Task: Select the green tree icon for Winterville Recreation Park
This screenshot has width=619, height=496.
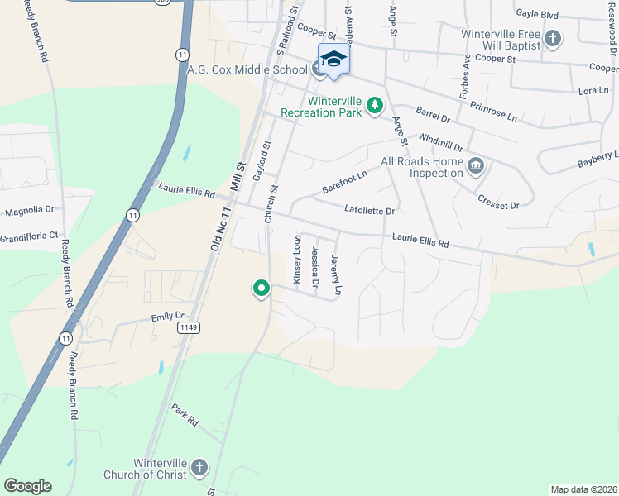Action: pyautogui.click(x=375, y=105)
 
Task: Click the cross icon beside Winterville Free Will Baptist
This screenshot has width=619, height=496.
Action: pyautogui.click(x=553, y=38)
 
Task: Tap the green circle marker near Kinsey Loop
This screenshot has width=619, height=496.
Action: pyautogui.click(x=262, y=289)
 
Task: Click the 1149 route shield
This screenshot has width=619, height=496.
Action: pyautogui.click(x=187, y=328)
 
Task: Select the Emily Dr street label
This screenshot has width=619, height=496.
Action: pyautogui.click(x=166, y=317)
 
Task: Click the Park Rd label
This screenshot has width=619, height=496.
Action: pyautogui.click(x=185, y=415)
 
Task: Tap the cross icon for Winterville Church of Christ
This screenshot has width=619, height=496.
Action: pyautogui.click(x=199, y=468)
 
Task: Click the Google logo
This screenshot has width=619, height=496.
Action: pyautogui.click(x=27, y=486)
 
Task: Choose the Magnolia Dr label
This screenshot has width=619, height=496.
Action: pyautogui.click(x=29, y=211)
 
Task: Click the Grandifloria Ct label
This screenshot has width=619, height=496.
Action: pyautogui.click(x=29, y=235)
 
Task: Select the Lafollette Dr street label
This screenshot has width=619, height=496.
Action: pyautogui.click(x=369, y=211)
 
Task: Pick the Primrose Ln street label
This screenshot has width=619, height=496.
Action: pyautogui.click(x=492, y=112)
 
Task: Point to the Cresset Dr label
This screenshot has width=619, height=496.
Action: pyautogui.click(x=498, y=199)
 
